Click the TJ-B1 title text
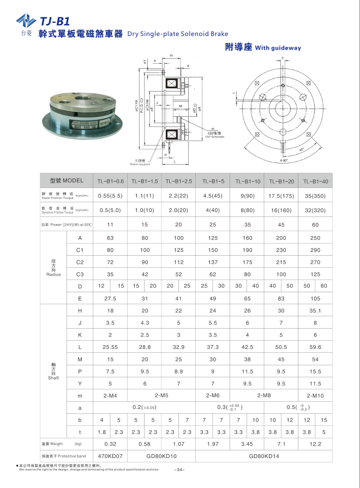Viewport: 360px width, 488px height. point(55,21)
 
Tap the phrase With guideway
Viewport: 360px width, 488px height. point(278,48)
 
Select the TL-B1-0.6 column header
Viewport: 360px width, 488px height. point(111,181)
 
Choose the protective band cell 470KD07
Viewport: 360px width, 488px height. point(111,456)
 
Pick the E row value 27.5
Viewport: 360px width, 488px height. point(111,299)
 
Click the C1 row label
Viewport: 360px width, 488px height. point(80,250)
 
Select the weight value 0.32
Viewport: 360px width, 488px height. point(111,444)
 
